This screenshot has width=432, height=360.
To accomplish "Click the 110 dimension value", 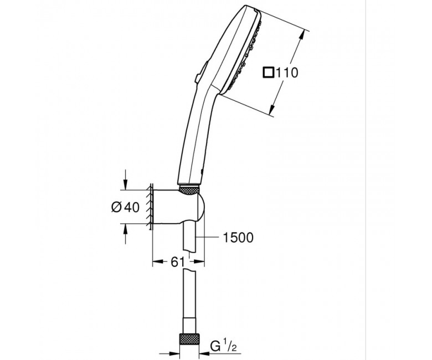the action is coord(286,73).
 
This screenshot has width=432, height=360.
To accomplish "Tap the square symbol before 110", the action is coord(268,73).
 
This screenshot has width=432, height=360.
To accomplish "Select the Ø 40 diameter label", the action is coord(125,207).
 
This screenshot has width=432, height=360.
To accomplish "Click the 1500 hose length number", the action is coord(238,238).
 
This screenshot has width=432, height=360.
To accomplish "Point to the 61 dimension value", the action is coord(177,262).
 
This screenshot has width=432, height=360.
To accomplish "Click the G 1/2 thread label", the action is coord(223,346).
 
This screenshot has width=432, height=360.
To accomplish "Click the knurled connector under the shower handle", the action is coord(189,191).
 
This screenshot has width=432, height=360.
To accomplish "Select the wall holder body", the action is coord(178,206).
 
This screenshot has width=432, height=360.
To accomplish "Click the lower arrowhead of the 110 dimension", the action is coord(272,109).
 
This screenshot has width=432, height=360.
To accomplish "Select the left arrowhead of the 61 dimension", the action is coord(157,261).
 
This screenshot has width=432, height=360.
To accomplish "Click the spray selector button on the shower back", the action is coord(200,71).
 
